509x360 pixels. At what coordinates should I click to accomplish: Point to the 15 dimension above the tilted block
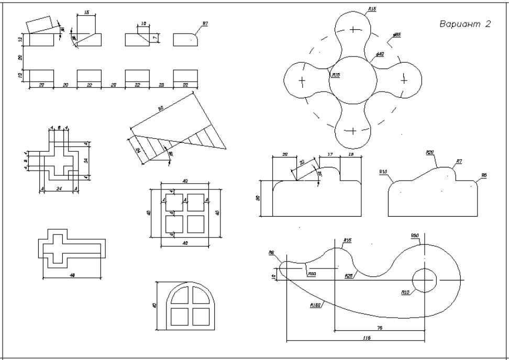click(x=86, y=12)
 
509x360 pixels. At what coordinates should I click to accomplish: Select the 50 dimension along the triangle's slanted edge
click(x=161, y=108)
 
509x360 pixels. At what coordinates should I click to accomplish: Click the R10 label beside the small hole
click(x=405, y=292)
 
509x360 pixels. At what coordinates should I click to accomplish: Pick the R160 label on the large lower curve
click(x=315, y=305)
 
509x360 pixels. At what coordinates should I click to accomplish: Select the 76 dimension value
click(x=380, y=328)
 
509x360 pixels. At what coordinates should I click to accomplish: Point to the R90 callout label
click(x=415, y=236)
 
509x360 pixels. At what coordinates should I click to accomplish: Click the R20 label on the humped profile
click(x=430, y=152)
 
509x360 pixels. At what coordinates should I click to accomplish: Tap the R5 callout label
click(x=484, y=176)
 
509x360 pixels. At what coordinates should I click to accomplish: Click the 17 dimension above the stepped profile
click(x=330, y=154)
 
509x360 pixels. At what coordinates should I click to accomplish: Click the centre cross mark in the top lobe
click(x=355, y=29)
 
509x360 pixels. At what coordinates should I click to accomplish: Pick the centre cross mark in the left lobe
click(x=302, y=81)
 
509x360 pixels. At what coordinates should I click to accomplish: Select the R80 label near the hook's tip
click(x=312, y=274)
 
